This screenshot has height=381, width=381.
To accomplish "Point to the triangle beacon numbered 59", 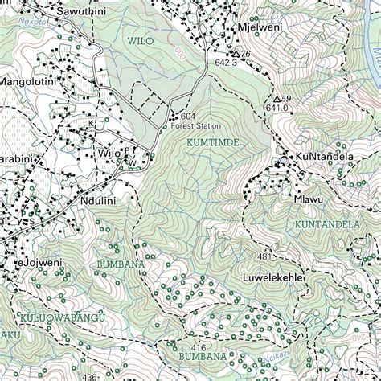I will tap(278, 99).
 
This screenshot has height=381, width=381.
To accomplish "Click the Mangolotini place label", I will tap(28, 81).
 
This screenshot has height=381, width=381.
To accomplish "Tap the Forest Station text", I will tap(194, 125).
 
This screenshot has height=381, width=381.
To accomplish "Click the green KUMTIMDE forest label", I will tap(212, 142).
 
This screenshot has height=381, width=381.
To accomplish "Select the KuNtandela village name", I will tap(325, 156).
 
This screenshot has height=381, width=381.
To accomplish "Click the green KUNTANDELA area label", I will tap(326, 224).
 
